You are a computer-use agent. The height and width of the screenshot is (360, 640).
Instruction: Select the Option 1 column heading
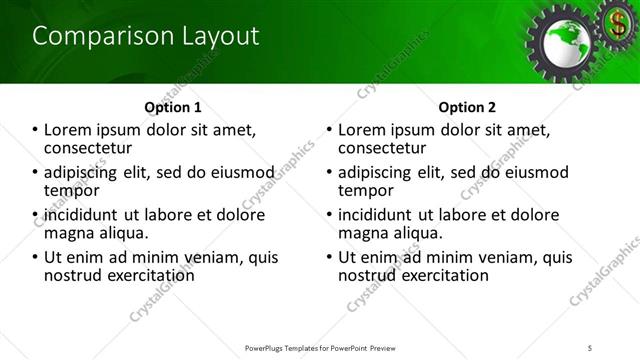173,107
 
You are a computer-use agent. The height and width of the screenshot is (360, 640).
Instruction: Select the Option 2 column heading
467,107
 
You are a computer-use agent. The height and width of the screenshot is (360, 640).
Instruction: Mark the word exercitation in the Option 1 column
146,274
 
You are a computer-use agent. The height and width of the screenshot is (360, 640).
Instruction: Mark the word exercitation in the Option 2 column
440,274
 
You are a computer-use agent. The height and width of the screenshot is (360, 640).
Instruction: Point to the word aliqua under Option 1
122,232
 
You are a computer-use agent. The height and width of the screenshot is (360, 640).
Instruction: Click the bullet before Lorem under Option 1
34,130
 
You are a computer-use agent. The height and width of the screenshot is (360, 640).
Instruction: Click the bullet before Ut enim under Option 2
329,257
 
